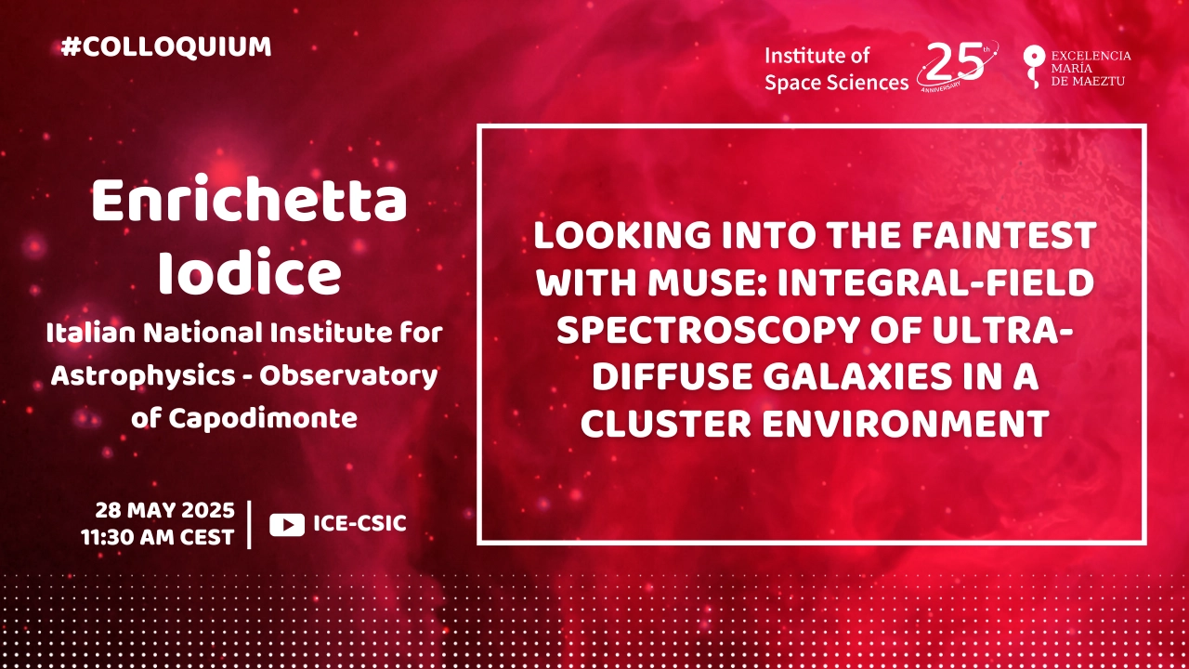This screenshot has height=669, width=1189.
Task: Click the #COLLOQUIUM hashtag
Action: [x=166, y=46]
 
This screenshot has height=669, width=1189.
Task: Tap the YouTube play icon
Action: [x=287, y=525]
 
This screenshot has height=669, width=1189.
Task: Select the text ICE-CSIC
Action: [x=359, y=523]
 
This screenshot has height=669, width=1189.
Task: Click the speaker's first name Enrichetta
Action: [x=250, y=200]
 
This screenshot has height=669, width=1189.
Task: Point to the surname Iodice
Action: [x=250, y=272]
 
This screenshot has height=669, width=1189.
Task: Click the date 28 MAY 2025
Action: [x=164, y=510]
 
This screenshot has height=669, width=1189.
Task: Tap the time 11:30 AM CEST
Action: [x=158, y=537]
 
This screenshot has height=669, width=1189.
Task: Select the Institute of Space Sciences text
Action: [x=837, y=69]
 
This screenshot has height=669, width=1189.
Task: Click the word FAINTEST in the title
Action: [x=1004, y=235]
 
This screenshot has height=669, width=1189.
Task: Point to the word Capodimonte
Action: [x=263, y=419]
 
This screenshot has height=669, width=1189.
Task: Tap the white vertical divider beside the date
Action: [x=250, y=524]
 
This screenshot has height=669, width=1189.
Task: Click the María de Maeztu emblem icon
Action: [x=1034, y=66]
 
